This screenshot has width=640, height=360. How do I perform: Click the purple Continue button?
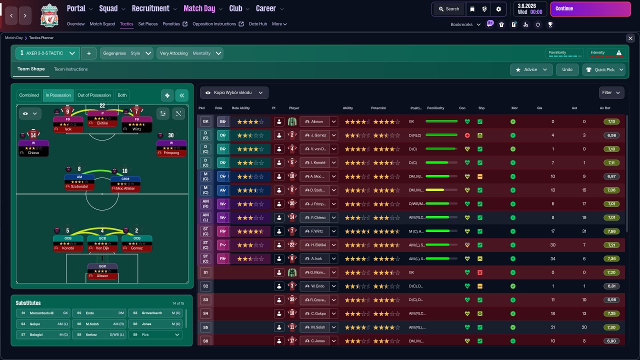590,8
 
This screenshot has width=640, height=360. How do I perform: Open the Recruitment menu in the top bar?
153,8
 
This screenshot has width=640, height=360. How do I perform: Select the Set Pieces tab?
148,24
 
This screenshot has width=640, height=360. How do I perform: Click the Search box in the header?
448,8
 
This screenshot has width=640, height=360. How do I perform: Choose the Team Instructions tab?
70,69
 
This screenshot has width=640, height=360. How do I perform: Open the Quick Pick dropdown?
604,69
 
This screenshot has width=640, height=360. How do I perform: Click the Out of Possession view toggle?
94,95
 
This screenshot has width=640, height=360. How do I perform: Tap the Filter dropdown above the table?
611,92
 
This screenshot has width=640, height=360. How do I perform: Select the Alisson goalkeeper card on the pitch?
102,272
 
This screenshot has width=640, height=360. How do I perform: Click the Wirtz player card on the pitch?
136,125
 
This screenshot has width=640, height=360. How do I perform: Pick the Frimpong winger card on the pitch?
171,148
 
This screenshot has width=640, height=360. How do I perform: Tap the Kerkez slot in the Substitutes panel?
99,334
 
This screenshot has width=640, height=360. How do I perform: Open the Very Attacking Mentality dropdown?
189,53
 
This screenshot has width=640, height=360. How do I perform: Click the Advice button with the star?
531,69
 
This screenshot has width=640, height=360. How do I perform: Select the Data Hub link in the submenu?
257,24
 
